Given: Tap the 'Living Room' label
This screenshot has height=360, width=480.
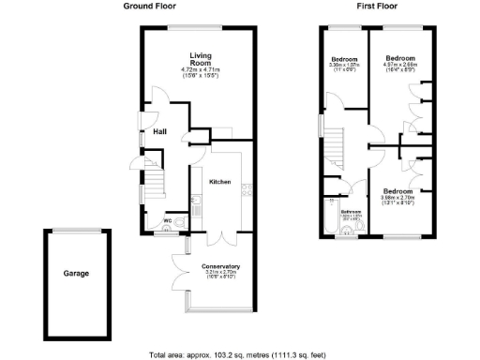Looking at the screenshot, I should tap(200, 58).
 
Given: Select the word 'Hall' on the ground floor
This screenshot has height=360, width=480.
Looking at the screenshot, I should tap(160, 132).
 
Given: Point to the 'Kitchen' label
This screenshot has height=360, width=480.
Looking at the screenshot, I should tap(219, 181).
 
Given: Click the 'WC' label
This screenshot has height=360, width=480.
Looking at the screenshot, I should tap(167, 222).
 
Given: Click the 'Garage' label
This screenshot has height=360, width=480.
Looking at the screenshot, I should tap(76, 274).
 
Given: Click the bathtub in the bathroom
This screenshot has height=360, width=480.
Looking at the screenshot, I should tap(329, 217).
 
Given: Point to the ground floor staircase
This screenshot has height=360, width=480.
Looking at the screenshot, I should tap(150, 175).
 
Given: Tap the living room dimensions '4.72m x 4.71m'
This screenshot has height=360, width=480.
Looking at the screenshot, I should tap(199, 70).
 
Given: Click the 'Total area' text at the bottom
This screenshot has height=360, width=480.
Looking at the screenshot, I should tap(240, 354).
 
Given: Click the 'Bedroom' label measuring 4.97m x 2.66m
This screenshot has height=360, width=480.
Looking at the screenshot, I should tap(400, 58).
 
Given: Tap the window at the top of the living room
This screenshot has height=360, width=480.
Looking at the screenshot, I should tap(199, 26).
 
